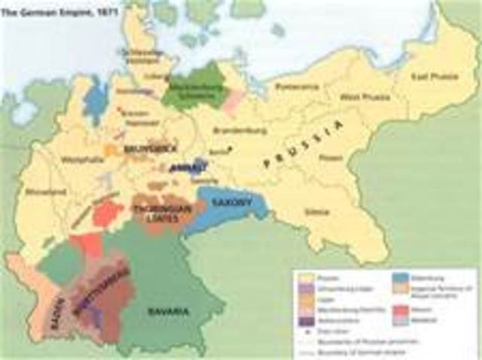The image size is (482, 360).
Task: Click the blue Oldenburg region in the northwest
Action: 96,100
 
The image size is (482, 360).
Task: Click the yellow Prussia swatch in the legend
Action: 302,278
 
